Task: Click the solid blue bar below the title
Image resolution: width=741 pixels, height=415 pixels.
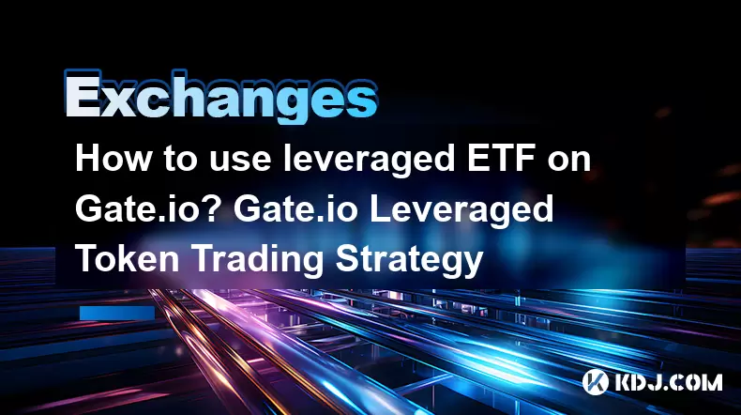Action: pos(117,313)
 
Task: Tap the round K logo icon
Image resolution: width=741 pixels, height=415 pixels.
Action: pos(595,382)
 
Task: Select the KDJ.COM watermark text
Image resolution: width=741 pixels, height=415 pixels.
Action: pos(668,382)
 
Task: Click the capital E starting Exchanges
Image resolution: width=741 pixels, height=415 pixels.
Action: pos(83,96)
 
